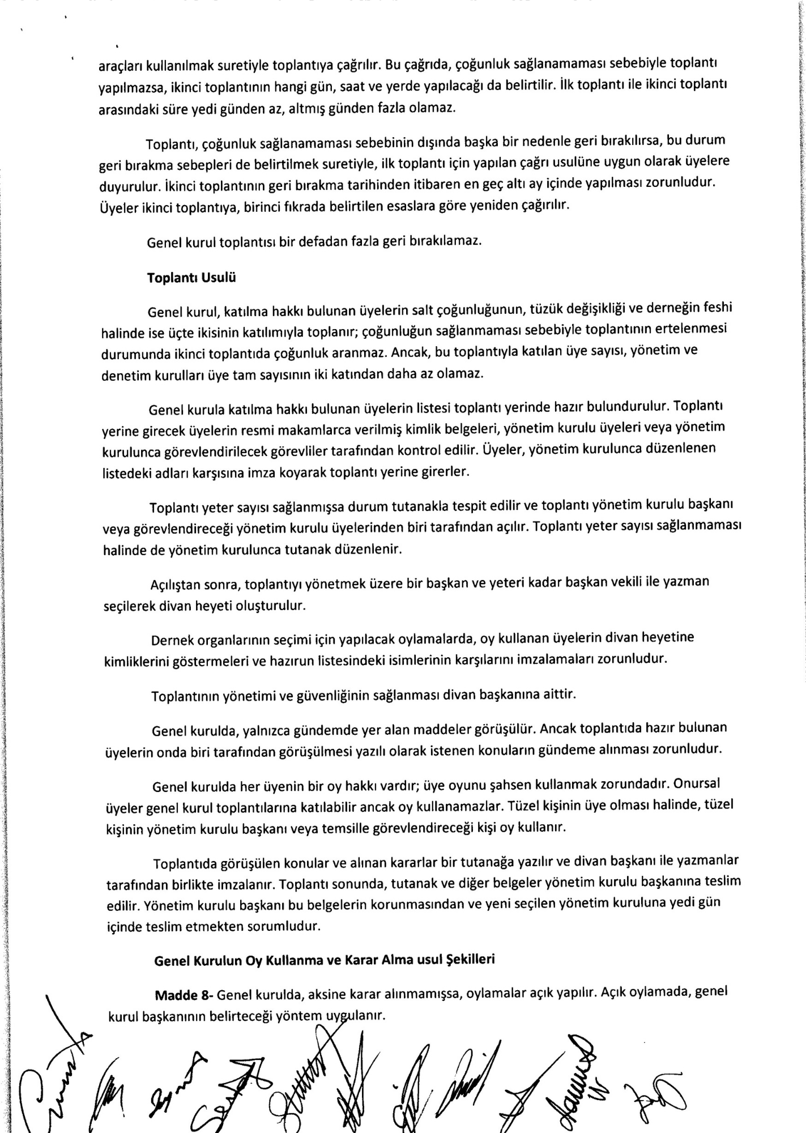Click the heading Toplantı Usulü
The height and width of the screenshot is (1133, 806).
coord(191,278)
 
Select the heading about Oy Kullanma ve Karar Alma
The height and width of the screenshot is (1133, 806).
coord(325,960)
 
